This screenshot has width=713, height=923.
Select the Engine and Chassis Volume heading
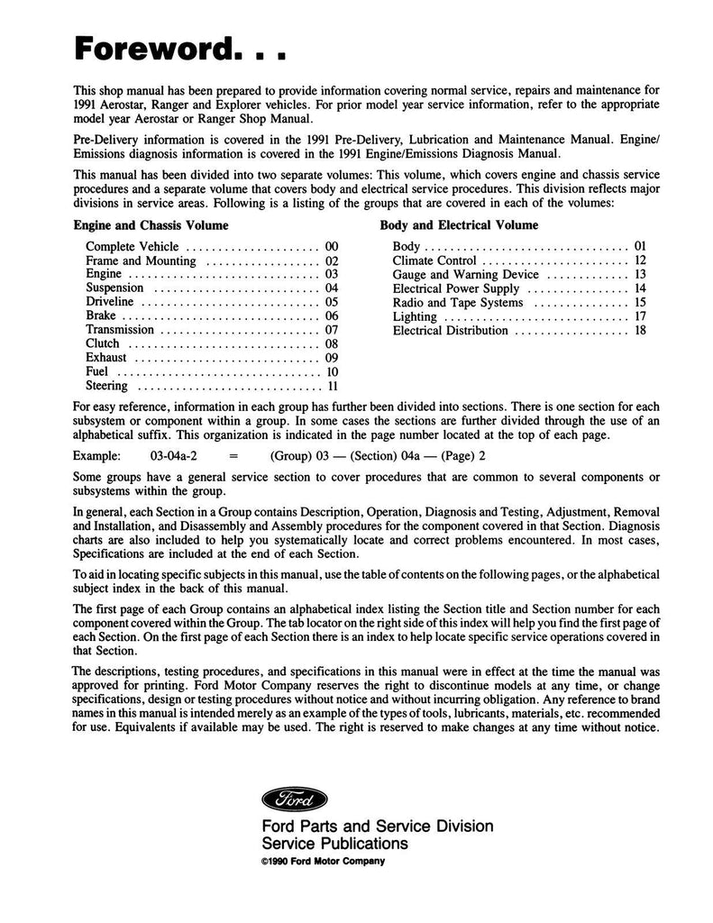tap(151, 225)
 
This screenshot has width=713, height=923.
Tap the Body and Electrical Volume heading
tap(459, 225)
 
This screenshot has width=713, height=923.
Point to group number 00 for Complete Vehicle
tap(331, 246)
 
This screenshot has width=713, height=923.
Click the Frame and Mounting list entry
tap(141, 260)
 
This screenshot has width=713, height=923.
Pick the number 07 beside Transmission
tap(331, 330)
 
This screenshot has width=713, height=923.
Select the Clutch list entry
tap(103, 343)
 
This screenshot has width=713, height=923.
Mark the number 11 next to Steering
tap(332, 387)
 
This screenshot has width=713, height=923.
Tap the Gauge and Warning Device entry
tap(465, 274)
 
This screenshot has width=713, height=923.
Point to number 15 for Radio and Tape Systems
tap(640, 302)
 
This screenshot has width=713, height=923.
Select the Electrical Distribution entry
tap(451, 330)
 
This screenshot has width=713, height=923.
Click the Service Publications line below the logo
tap(334, 844)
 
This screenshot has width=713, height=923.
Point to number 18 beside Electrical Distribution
tap(640, 330)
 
